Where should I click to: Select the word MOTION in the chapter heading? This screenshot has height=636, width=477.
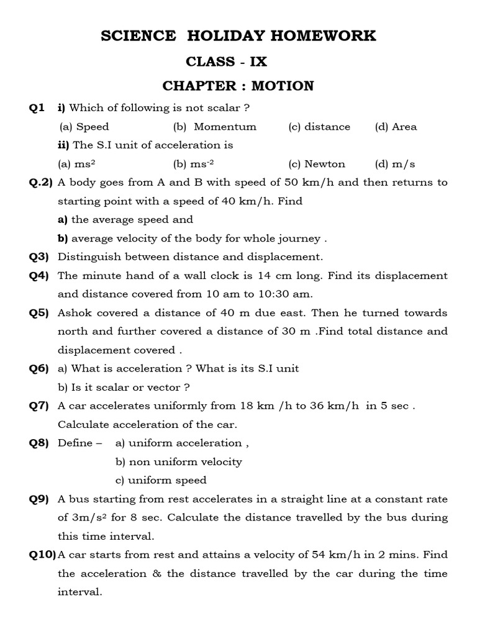pos(283,86)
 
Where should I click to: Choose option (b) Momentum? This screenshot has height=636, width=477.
pos(215,127)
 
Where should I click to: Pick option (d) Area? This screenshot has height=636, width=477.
pos(396,127)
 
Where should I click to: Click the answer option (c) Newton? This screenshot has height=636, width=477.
pos(317,164)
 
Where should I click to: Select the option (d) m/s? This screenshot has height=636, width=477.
pos(395,164)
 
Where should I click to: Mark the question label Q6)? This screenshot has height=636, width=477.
pos(39,368)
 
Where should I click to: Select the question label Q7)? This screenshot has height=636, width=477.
pos(39,406)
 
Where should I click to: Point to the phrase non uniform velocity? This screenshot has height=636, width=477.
pos(179,461)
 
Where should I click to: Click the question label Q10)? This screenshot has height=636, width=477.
pos(42,555)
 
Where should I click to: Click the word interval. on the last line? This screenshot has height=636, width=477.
pos(79,592)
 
